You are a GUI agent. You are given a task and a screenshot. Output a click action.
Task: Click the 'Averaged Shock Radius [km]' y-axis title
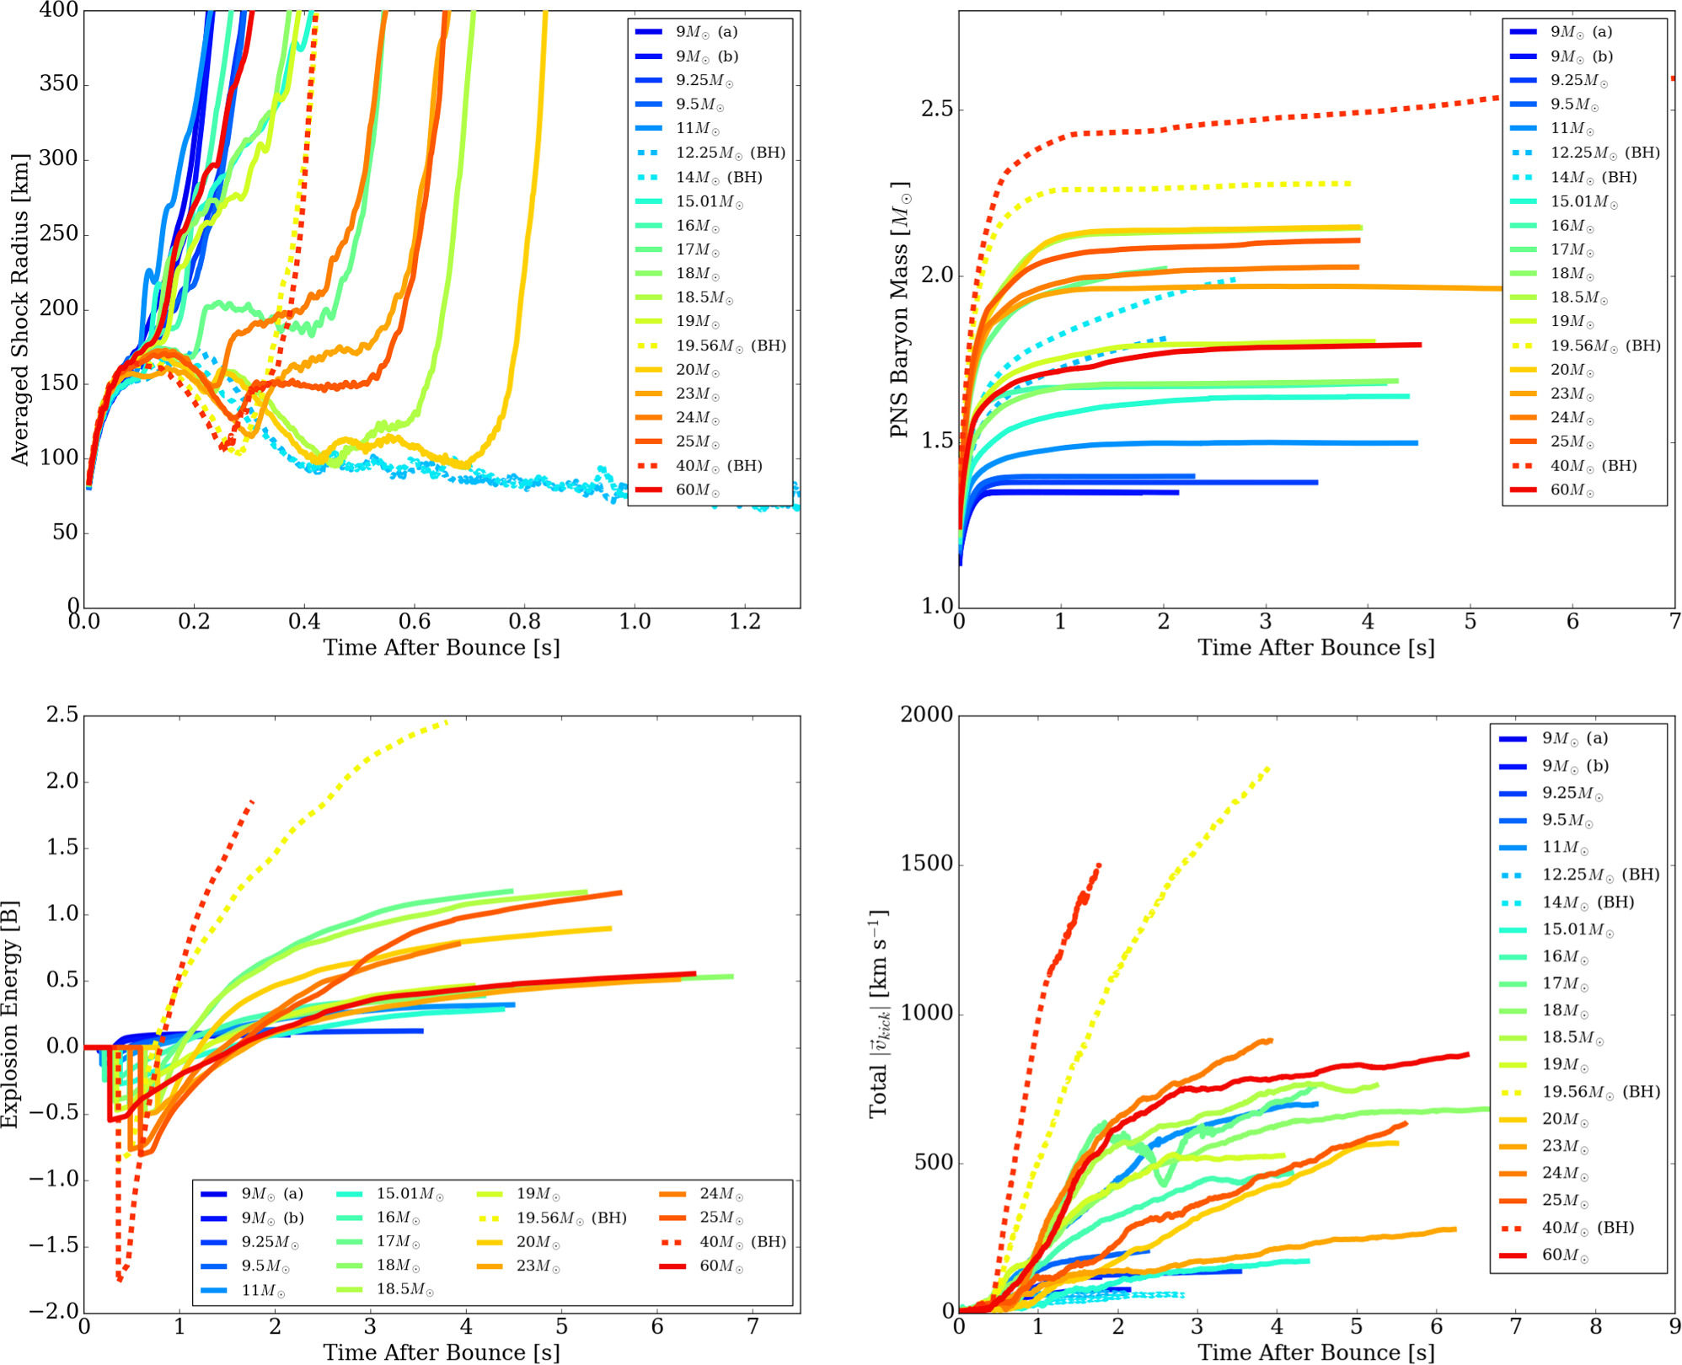coord(20,308)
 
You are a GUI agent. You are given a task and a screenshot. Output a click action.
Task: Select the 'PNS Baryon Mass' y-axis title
coord(900,308)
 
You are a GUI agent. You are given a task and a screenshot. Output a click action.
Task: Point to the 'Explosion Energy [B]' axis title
coord(10,1014)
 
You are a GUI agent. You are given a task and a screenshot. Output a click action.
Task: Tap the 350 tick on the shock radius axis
coord(59,83)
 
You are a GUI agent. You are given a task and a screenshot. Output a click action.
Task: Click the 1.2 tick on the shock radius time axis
coord(744,622)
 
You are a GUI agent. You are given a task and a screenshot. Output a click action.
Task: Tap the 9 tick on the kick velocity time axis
coord(1674,1328)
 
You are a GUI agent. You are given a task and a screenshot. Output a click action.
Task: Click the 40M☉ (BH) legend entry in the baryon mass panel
coord(1593,466)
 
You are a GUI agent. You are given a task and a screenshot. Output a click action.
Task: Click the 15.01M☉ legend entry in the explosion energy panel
coord(410,1194)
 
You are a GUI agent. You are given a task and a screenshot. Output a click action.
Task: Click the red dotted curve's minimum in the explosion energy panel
coord(121,1279)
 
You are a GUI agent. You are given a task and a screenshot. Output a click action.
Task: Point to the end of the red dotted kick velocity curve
coord(1099,864)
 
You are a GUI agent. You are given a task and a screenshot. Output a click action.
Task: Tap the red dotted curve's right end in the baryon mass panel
coord(1672,79)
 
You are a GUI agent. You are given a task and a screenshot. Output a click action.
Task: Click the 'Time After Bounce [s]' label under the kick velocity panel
coord(1315,1352)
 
